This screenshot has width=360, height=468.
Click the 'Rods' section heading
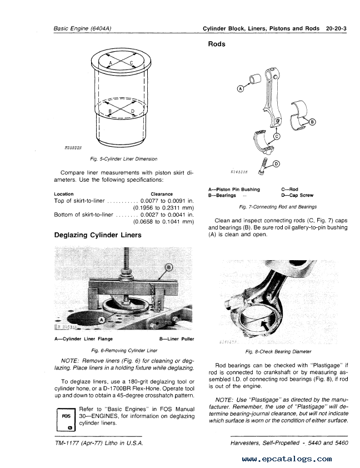[x=216, y=44]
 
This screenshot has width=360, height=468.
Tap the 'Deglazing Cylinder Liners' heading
[x=97, y=235]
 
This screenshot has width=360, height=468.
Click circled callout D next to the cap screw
[x=277, y=163]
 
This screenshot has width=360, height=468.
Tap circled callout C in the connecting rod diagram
[x=277, y=136]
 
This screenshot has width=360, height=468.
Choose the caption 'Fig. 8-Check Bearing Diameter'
[x=278, y=351]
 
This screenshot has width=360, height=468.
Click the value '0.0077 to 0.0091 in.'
[x=167, y=200]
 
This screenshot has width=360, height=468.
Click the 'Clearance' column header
[x=162, y=193]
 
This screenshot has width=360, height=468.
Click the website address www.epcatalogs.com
[x=287, y=459]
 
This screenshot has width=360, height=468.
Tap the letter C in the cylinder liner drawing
[x=131, y=63]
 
